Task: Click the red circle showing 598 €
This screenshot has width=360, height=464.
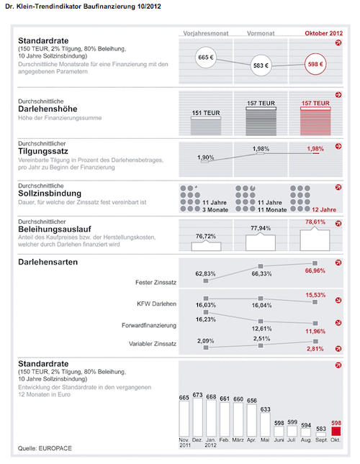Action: tap(315, 64)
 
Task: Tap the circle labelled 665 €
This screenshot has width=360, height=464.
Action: tap(206, 58)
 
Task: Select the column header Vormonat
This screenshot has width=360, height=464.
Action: tap(261, 33)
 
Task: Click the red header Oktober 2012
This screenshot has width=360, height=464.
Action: tap(324, 33)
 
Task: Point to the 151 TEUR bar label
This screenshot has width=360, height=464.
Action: tap(206, 113)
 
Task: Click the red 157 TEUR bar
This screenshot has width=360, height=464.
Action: tap(315, 122)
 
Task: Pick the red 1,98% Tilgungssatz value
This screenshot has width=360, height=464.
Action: tap(315, 149)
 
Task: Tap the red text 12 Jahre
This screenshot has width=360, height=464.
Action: tap(324, 210)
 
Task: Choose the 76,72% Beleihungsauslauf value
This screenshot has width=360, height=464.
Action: tap(206, 236)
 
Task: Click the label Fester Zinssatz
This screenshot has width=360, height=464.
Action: tap(156, 283)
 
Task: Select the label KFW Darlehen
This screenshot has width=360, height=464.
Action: tap(157, 304)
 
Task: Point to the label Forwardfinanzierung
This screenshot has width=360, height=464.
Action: tap(149, 325)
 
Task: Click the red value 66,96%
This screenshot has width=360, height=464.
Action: tap(315, 270)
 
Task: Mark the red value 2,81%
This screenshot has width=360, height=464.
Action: tap(315, 349)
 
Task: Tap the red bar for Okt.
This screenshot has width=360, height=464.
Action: tap(336, 431)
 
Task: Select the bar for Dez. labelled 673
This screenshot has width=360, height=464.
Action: tap(197, 417)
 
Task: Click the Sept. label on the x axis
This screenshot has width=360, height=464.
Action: tap(322, 440)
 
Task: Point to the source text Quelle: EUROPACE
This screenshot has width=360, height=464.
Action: tap(45, 448)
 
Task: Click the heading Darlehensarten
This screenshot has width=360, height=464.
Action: tap(48, 262)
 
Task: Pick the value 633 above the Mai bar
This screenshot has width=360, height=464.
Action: tap(265, 409)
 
